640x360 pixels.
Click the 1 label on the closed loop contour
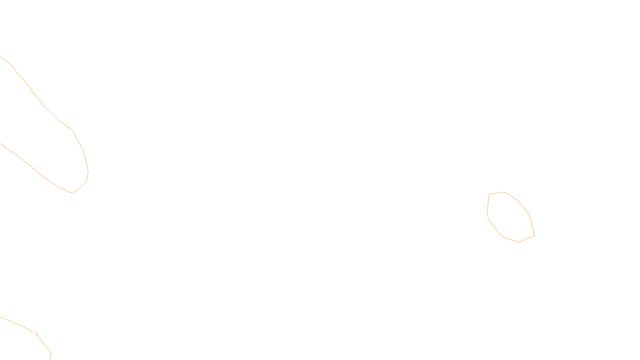tap(534, 235)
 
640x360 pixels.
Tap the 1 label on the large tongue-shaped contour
tap(86, 164)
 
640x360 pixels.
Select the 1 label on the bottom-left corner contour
tap(37, 334)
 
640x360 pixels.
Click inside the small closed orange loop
tap(509, 216)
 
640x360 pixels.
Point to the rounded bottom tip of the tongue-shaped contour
tap(72, 192)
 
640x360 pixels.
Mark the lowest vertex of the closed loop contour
tap(520, 242)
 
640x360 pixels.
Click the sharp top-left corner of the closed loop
tap(489, 194)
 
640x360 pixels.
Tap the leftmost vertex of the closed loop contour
tap(487, 215)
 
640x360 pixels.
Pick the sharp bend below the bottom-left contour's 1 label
tap(51, 353)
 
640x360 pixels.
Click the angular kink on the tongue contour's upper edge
tap(72, 130)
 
